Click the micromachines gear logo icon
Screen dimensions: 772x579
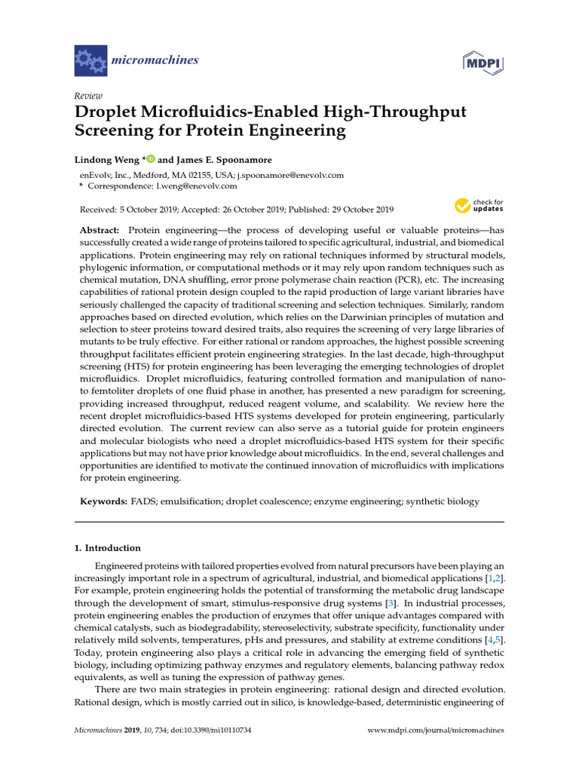coord(90,58)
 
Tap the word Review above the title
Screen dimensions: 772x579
coord(88,96)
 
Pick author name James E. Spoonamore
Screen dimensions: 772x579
coord(231,159)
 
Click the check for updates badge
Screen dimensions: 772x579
coord(478,205)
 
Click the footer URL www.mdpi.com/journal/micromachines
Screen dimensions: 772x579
coord(435,731)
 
